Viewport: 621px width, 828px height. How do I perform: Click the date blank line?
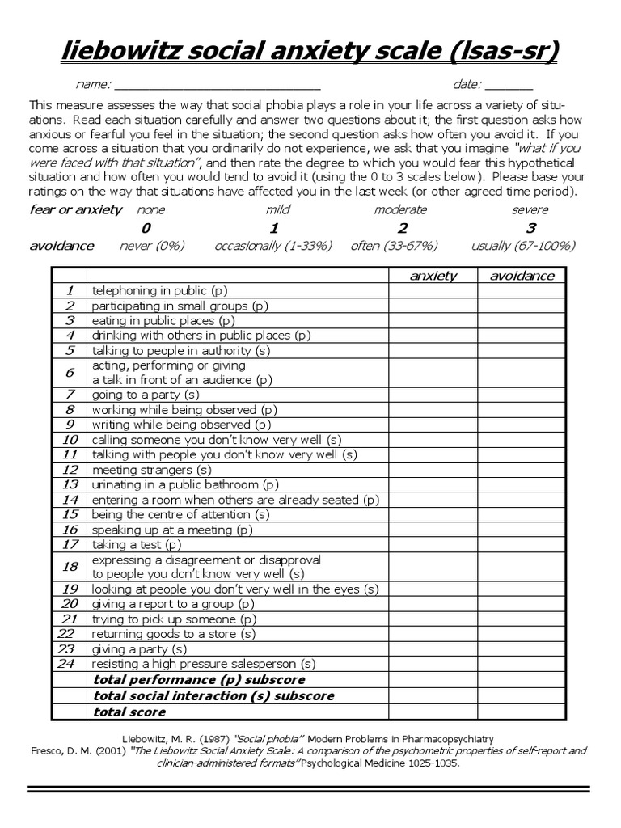509,86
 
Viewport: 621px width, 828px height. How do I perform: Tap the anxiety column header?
433,276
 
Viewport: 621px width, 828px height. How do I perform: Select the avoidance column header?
522,276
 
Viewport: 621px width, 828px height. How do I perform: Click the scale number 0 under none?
146,228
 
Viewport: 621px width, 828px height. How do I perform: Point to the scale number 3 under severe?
531,228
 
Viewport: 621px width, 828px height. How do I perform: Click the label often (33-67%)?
394,246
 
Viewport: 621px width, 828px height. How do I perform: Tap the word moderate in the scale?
401,210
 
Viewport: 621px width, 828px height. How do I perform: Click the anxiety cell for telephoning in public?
433,290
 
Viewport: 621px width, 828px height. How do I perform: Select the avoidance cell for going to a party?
522,395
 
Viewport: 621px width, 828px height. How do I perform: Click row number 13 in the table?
70,484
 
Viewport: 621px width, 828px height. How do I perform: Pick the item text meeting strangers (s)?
151,470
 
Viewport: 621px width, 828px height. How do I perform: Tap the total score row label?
129,712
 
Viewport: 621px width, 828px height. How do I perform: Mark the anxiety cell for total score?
433,712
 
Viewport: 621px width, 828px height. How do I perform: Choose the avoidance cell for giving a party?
522,648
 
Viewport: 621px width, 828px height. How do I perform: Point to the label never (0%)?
152,246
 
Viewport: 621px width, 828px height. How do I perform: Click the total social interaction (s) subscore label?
213,696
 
